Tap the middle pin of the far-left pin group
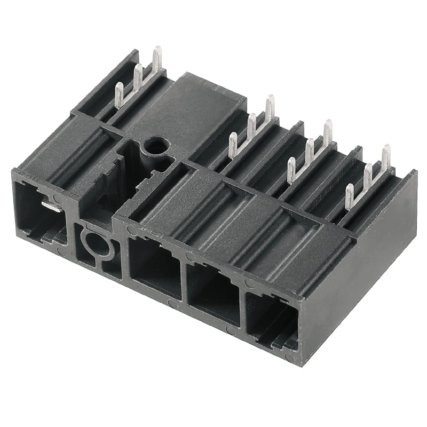pos(138,78)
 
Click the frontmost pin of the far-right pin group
pos(349,196)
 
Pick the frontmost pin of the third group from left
pos(291,170)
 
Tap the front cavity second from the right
pos(214,294)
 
